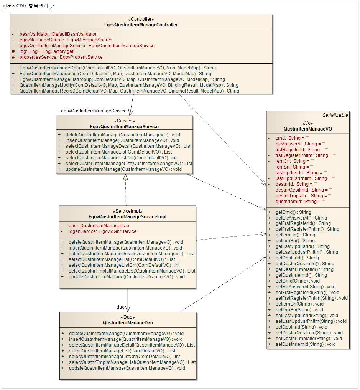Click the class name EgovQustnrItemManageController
[x=141, y=25]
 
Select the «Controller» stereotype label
[x=141, y=19]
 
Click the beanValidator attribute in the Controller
[x=58, y=34]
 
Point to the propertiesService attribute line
[x=61, y=57]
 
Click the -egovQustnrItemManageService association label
[x=93, y=111]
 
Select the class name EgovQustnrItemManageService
[x=124, y=126]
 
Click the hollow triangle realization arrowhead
[x=125, y=177]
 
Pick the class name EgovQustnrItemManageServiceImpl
[x=127, y=217]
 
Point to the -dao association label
[x=120, y=307]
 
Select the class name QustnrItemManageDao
[x=128, y=323]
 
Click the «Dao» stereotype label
[x=128, y=317]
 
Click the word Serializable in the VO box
[x=335, y=115]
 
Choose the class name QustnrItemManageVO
[x=307, y=129]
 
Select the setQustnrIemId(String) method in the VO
[x=305, y=344]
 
